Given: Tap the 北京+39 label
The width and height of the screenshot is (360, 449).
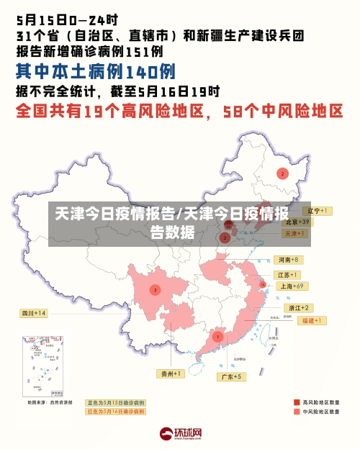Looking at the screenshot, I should tap(296, 222).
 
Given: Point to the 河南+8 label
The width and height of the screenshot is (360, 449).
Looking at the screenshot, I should tap(288, 259).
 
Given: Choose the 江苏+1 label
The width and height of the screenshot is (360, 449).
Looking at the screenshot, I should tap(287, 275).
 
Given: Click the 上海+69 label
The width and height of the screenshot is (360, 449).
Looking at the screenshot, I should tap(294, 286).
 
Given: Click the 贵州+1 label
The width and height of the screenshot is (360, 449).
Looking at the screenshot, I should tap(171, 373).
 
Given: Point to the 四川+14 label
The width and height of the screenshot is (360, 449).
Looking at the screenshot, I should tap(34, 313).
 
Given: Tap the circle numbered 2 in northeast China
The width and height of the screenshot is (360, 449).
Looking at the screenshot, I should tap(283, 173).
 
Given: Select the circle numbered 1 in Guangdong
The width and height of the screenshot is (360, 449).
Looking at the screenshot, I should tap(217, 337).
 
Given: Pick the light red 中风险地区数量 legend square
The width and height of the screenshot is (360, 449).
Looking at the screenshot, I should tap(297, 412).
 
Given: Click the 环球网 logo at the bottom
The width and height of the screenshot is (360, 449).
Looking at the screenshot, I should tap(181, 434).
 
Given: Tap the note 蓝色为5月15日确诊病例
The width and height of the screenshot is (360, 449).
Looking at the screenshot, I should tap(116, 402).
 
